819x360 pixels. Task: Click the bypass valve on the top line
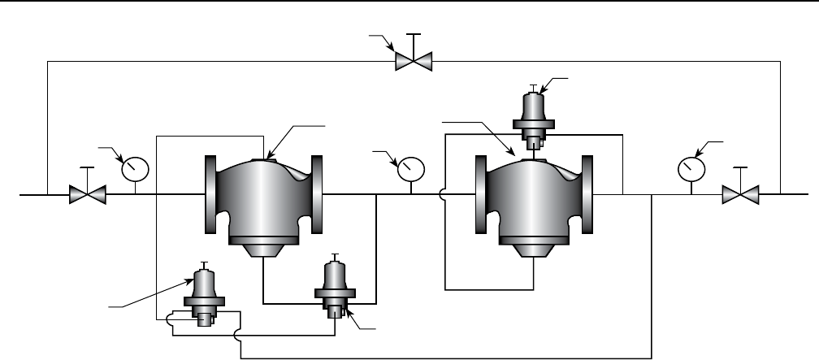[414, 62]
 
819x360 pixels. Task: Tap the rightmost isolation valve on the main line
[739, 195]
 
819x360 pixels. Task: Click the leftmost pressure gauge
[135, 168]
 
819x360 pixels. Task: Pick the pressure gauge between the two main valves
[410, 168]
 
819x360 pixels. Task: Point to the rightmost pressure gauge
[691, 168]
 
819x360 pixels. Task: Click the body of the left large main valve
[263, 195]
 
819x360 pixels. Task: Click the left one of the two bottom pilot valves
[203, 293]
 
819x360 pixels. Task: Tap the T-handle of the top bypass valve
[414, 36]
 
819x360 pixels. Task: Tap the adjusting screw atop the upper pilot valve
[533, 86]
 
